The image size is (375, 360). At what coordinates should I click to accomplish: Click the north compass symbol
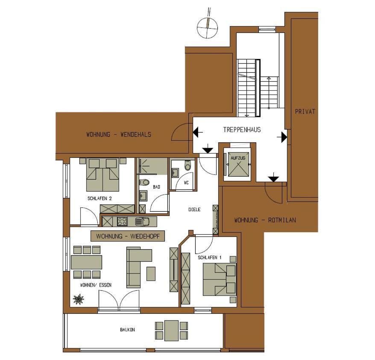pyautogui.click(x=208, y=27)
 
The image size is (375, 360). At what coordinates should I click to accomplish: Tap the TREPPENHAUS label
pyautogui.click(x=242, y=130)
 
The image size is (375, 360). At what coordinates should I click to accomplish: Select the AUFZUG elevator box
pyautogui.click(x=238, y=165)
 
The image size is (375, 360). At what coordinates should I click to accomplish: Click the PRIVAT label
pyautogui.click(x=305, y=111)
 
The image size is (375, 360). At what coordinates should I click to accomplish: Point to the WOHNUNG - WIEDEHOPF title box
pyautogui.click(x=128, y=236)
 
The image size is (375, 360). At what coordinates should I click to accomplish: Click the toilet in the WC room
pyautogui.click(x=188, y=165)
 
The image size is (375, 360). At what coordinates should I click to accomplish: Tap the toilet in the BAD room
pyautogui.click(x=144, y=183)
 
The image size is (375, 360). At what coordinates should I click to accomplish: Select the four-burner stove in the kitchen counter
pyautogui.click(x=122, y=221)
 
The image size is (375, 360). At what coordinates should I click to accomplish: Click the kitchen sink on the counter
pyautogui.click(x=142, y=221)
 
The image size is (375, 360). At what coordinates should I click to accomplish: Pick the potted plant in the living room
pyautogui.click(x=79, y=299)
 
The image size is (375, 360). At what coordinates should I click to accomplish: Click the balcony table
pyautogui.click(x=171, y=330)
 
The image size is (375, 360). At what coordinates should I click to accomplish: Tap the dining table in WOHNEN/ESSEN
pyautogui.click(x=87, y=263)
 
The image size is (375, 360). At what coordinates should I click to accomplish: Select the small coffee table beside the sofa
pyautogui.click(x=151, y=274)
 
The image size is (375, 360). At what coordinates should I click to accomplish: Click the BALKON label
pyautogui.click(x=127, y=330)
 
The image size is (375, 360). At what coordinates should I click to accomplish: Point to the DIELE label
pyautogui.click(x=194, y=210)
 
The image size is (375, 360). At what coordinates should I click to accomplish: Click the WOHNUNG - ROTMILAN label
pyautogui.click(x=265, y=220)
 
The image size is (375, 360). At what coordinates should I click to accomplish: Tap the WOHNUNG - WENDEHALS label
pyautogui.click(x=119, y=135)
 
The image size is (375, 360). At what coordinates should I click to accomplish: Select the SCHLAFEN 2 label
pyautogui.click(x=100, y=198)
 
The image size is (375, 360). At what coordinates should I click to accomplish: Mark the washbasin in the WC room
pyautogui.click(x=175, y=173)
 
